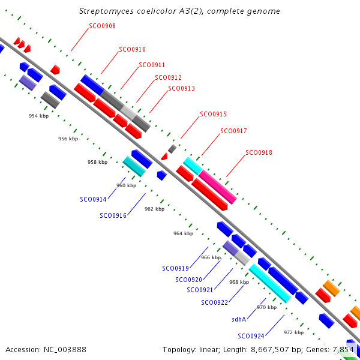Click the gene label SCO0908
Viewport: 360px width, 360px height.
coord(102,26)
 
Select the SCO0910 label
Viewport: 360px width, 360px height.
coord(132,49)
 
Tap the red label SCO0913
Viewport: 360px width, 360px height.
coord(181,88)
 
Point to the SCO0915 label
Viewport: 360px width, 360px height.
coord(213,114)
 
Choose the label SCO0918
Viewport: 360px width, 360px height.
coord(259,152)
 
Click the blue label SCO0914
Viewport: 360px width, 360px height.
coord(93,199)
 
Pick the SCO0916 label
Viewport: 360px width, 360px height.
coord(113,215)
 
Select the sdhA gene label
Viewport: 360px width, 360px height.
coord(239,319)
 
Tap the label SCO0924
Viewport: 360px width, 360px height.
coord(251,335)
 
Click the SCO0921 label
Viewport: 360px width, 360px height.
coord(200,290)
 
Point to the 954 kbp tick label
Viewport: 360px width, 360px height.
coord(38,116)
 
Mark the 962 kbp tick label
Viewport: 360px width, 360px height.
coord(154,209)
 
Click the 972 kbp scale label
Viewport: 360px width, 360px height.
coord(293,332)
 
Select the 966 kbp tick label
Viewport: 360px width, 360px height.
coord(211,257)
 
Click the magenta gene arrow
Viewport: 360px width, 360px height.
coord(218,187)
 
